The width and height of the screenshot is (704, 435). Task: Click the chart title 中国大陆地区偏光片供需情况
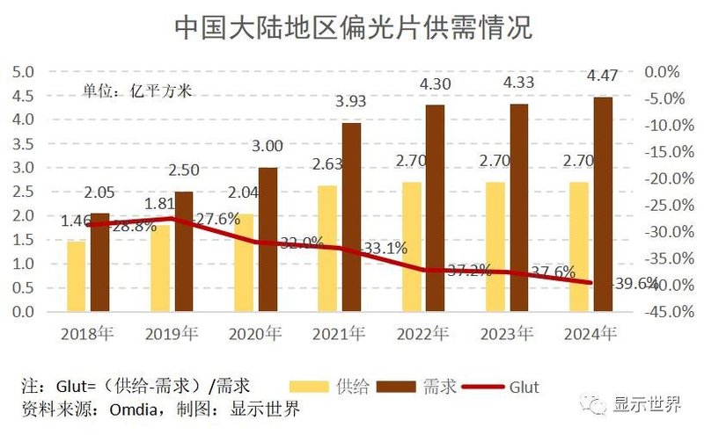(x=352, y=28)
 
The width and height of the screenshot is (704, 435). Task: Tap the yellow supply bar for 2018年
(x=77, y=276)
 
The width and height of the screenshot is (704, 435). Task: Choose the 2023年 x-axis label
(x=506, y=333)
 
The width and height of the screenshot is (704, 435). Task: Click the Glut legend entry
(x=523, y=386)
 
